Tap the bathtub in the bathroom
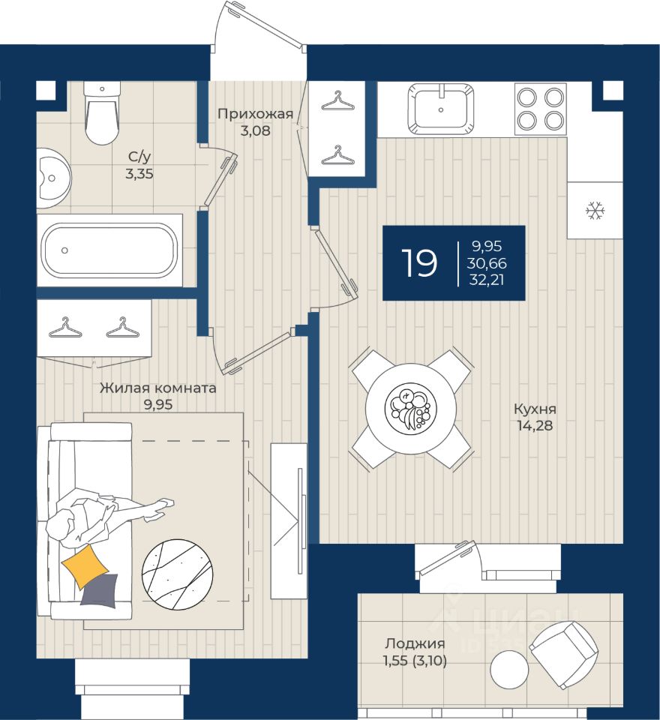(109, 250)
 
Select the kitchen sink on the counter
(441, 108)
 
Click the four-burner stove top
(540, 109)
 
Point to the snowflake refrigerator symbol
(595, 211)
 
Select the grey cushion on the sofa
(100, 589)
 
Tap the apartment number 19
(418, 263)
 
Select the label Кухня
(535, 409)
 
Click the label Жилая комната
(158, 388)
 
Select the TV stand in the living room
(289, 520)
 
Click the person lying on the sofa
(97, 514)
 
